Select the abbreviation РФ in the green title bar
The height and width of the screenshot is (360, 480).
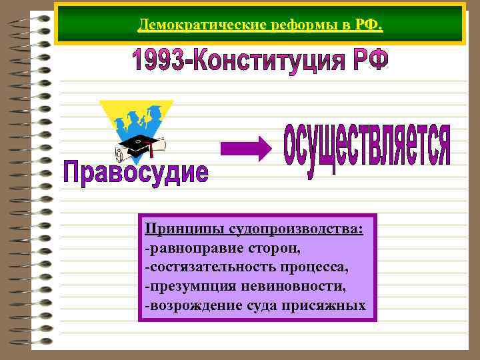pyautogui.click(x=368, y=25)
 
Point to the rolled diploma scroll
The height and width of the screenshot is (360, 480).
pyautogui.click(x=123, y=155)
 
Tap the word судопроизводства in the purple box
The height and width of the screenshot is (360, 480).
pyautogui.click(x=296, y=229)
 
